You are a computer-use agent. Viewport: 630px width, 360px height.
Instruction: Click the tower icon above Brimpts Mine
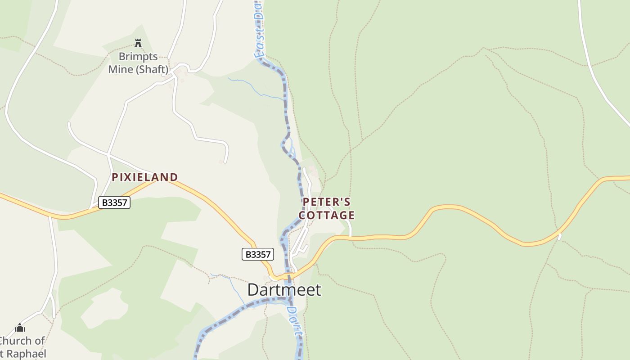point(138,44)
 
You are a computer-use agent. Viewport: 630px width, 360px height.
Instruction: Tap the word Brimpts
point(138,57)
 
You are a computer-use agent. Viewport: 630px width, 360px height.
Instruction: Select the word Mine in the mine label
point(121,69)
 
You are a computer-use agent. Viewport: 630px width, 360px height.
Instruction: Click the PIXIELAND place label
point(145,177)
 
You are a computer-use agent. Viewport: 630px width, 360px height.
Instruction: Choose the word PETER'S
point(326,202)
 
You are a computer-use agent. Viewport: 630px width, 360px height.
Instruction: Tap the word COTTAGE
point(326,216)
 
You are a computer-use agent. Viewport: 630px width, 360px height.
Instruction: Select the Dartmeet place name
point(284,290)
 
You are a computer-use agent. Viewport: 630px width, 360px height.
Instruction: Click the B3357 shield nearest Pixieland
point(114,202)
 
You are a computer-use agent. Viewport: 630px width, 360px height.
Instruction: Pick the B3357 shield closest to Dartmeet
point(257,255)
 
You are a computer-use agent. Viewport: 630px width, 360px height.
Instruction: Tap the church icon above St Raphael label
point(20,328)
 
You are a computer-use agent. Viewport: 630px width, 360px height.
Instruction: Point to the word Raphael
point(26,354)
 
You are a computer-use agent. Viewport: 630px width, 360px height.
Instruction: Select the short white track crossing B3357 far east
point(559,236)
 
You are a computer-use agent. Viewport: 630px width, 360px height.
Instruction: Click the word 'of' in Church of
point(40,341)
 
